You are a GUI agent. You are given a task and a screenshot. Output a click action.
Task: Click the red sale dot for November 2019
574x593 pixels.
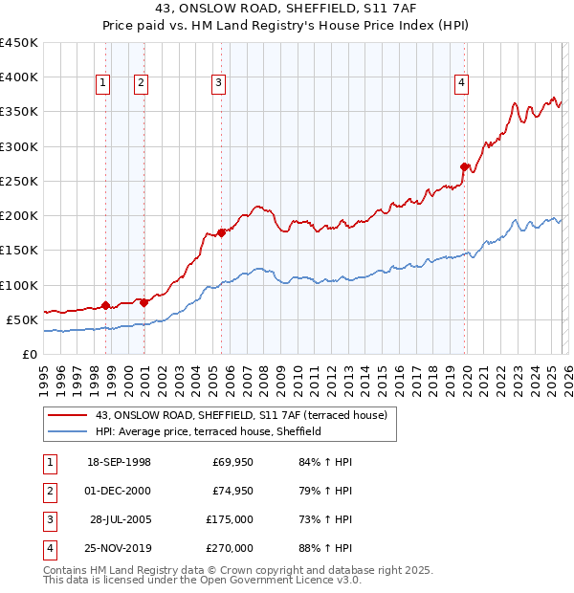[465, 167]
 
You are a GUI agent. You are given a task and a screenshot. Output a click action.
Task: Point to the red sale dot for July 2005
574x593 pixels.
[221, 231]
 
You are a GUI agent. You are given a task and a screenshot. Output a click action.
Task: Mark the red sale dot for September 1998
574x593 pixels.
[105, 305]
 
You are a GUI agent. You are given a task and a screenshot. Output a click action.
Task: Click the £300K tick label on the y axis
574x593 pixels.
[18, 146]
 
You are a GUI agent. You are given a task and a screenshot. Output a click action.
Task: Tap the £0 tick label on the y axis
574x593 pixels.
[29, 354]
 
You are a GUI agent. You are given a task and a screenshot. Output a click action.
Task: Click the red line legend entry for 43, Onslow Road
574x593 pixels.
[240, 415]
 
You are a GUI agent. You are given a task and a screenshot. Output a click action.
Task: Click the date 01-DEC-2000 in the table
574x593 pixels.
[119, 492]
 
